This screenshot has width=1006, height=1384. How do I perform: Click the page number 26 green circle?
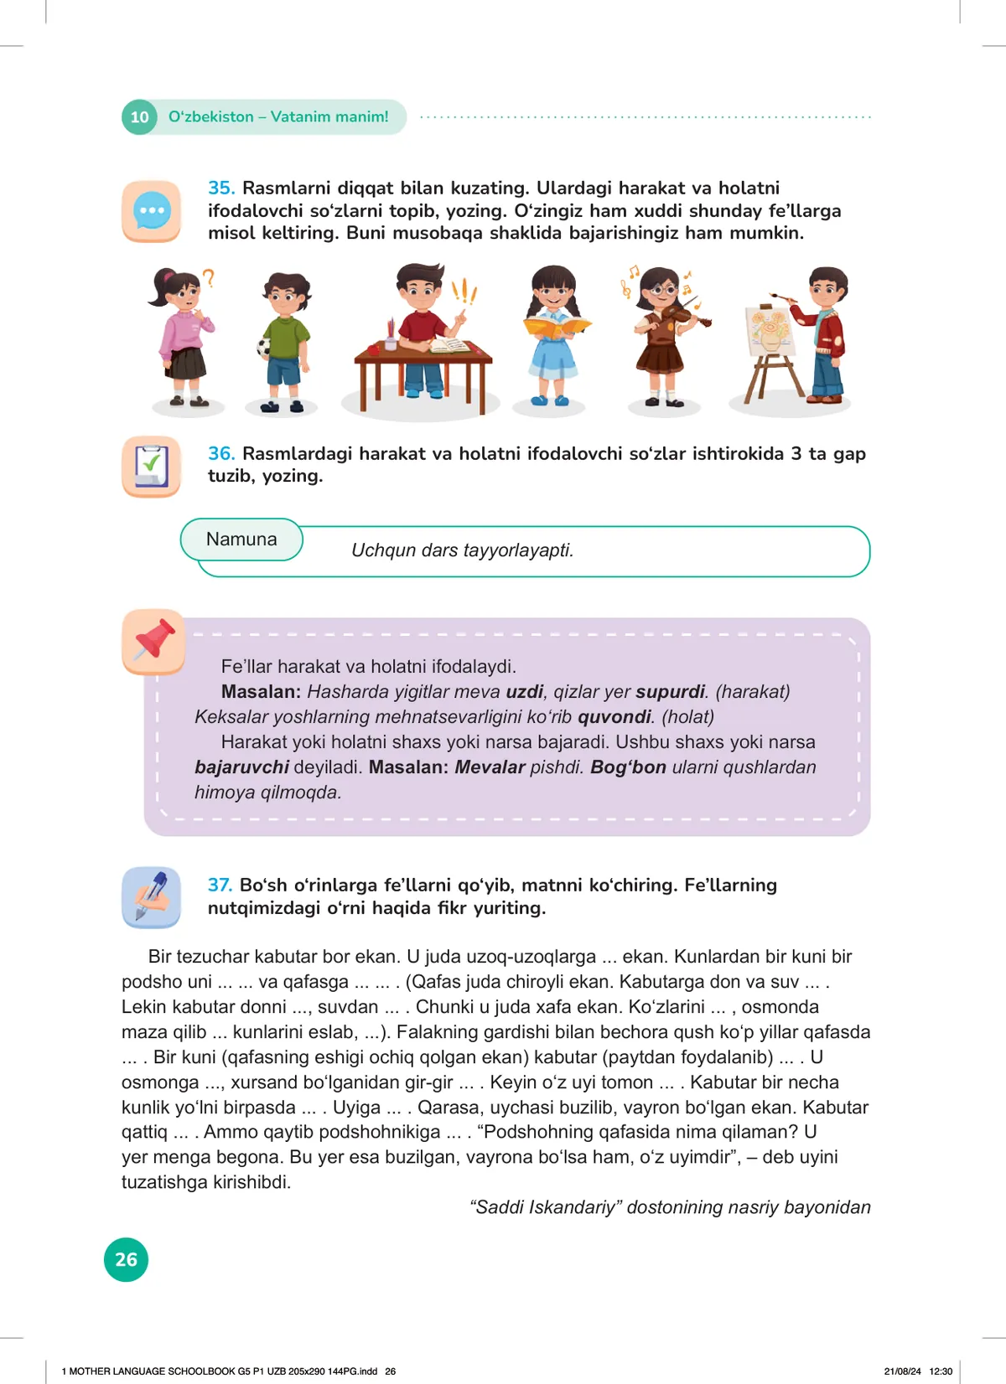(126, 1259)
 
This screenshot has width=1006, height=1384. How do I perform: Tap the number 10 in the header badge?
(139, 117)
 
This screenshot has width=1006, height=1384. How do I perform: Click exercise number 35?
(221, 188)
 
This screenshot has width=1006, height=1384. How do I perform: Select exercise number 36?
(221, 453)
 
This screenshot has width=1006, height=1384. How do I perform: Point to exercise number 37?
(220, 885)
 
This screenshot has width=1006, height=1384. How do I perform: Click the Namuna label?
(241, 540)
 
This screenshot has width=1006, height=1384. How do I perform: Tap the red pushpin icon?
(153, 641)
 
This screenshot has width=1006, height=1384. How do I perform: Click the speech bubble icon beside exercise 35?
(152, 211)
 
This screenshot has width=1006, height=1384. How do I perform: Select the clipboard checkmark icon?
(152, 466)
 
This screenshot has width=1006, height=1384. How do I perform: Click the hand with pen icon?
(152, 897)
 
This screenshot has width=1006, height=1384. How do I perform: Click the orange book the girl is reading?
(556, 327)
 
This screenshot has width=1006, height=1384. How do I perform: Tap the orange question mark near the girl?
(209, 278)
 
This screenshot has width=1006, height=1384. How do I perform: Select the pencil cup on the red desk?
(390, 338)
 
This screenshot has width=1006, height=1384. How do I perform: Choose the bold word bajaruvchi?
(241, 767)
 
